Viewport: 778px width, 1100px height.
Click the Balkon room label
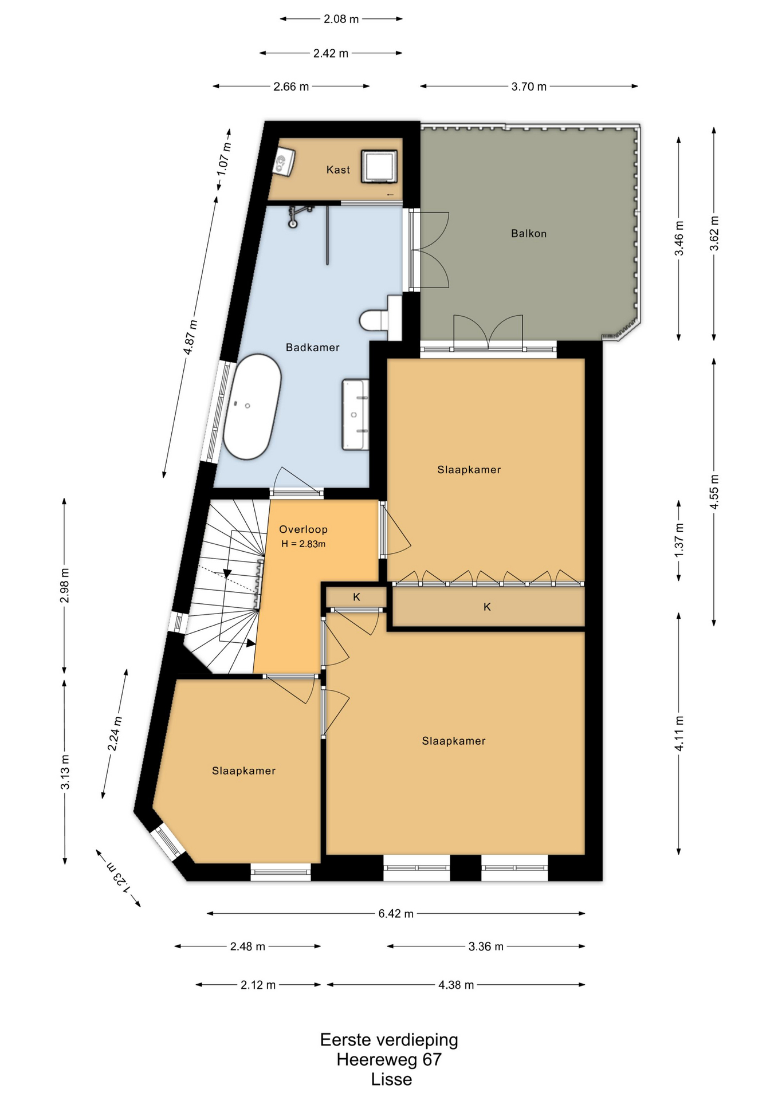528,234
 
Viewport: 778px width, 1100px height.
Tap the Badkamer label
312,347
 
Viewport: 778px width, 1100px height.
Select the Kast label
338,170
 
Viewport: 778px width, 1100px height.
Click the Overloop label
303,529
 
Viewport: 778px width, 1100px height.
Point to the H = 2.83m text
303,544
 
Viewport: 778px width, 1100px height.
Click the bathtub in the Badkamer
252,407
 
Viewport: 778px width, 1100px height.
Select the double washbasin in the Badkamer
355,414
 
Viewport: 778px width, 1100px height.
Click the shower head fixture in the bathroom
297,216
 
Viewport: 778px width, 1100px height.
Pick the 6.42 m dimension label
395,913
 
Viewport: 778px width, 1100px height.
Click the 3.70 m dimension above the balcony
529,87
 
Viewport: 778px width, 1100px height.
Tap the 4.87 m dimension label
191,337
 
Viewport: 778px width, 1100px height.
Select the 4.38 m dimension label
456,985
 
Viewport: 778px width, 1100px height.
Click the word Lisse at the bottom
391,1079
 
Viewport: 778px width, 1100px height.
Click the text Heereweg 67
389,1059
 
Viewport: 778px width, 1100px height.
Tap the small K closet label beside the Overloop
356,597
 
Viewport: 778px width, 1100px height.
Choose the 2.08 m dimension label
341,19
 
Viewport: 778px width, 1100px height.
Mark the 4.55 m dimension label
714,492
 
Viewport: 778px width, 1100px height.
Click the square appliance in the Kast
379,167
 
